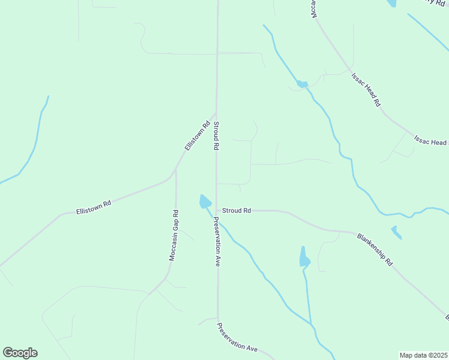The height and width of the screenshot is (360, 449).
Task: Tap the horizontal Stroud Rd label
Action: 237,211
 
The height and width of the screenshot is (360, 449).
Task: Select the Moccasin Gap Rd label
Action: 173,235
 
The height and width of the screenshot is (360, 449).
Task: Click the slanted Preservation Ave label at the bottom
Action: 237,338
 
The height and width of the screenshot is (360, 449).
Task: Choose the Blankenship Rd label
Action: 374,250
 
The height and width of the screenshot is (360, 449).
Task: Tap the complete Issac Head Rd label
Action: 366,90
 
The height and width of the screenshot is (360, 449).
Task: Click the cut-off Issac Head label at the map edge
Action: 431,141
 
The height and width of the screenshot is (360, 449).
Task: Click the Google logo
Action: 20,353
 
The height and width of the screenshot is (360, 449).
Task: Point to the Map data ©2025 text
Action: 423,355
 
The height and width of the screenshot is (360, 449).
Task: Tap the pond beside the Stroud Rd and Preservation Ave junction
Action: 205,202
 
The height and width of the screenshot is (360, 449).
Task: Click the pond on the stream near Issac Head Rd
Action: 302,84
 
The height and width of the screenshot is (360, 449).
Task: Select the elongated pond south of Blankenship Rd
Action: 304,258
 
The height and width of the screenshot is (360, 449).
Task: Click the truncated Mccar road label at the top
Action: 313,8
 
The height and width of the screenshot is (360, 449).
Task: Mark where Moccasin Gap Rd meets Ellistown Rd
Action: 175,172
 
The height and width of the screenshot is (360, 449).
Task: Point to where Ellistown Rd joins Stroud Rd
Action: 215,112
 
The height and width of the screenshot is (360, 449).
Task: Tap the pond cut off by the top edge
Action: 392,3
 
